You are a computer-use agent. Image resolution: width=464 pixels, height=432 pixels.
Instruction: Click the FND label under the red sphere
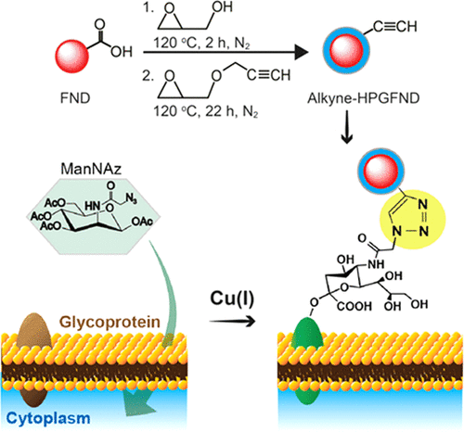point(75,98)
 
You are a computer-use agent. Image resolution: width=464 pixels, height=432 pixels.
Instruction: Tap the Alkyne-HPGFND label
point(364,98)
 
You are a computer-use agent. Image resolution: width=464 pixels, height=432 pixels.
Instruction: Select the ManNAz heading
point(91,169)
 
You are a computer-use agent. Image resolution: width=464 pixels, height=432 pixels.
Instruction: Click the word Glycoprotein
point(110,322)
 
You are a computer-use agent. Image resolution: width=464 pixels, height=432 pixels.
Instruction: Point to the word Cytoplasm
point(48,419)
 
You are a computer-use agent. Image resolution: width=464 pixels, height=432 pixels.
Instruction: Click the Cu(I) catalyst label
point(232,299)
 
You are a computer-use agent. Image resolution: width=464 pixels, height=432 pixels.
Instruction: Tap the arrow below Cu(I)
point(232,322)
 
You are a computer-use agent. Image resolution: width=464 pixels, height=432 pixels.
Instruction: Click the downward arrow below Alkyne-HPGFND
point(347,127)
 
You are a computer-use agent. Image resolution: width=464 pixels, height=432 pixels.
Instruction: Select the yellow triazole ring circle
point(413,218)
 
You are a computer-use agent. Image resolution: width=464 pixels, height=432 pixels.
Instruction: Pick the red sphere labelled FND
point(72,56)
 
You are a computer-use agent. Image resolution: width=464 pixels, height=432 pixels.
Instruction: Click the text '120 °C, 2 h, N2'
point(201,43)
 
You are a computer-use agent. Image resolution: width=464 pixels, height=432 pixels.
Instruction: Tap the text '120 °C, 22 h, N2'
point(206,111)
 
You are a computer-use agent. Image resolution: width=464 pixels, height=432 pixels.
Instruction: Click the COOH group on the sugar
point(354,306)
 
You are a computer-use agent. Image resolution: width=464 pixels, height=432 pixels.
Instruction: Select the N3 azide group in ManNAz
point(132,199)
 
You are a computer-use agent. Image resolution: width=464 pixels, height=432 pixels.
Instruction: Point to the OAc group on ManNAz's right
point(142,222)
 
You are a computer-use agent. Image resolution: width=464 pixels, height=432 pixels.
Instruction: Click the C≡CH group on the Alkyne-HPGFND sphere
point(395,27)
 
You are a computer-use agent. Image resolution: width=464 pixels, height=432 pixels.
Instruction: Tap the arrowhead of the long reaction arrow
point(301,52)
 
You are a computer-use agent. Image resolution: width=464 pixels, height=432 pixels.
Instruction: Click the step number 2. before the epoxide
point(148,76)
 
